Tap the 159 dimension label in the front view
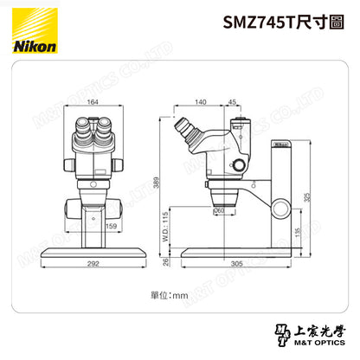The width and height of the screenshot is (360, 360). pyautogui.click(x=111, y=227)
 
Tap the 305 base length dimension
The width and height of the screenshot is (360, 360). pyautogui.click(x=237, y=265)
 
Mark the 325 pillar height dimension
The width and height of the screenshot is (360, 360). pyautogui.click(x=331, y=196)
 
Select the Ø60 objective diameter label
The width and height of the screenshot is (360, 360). pyautogui.click(x=219, y=210)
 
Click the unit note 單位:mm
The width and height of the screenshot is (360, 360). pyautogui.click(x=170, y=295)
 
